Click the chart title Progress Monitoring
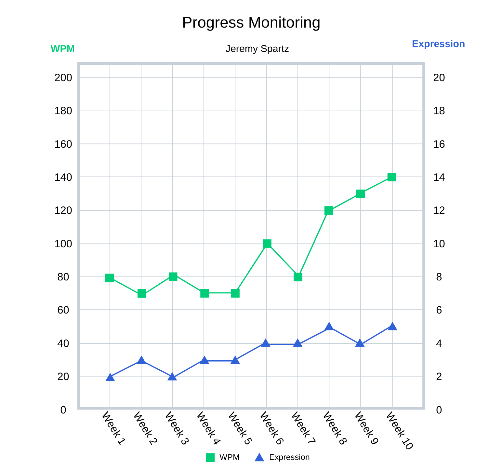coord(251,23)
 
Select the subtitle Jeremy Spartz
coord(257,49)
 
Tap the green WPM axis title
coord(62,49)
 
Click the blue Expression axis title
coord(438,44)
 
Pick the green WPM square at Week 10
coord(392,177)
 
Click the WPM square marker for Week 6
coord(267,243)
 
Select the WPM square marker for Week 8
coord(329,210)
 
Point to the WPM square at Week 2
coord(141,293)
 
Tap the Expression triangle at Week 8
coord(329,326)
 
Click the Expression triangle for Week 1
coord(110,377)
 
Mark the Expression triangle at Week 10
coord(392,326)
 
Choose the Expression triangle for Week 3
coord(173,376)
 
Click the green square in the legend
coord(210,457)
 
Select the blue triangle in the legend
coord(259,457)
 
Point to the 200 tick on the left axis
coord(63,78)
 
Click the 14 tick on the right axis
coord(439,177)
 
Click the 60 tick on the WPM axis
coord(63,310)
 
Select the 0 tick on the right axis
coord(439,410)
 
